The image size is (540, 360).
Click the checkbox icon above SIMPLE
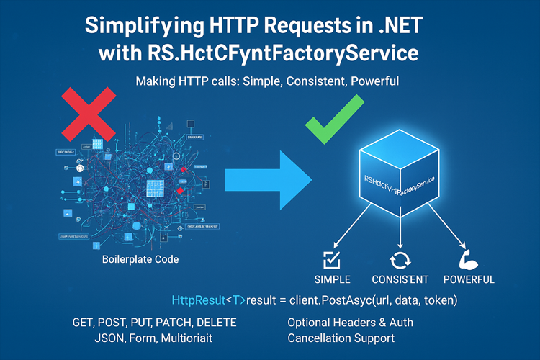click(332, 258)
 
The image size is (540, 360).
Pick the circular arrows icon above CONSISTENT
click(400, 259)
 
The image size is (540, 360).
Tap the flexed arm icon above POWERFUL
click(467, 258)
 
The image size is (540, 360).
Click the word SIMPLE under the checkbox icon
click(333, 279)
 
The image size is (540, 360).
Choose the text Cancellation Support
click(341, 338)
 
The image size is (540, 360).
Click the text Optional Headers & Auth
click(350, 322)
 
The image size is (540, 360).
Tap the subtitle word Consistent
click(317, 82)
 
